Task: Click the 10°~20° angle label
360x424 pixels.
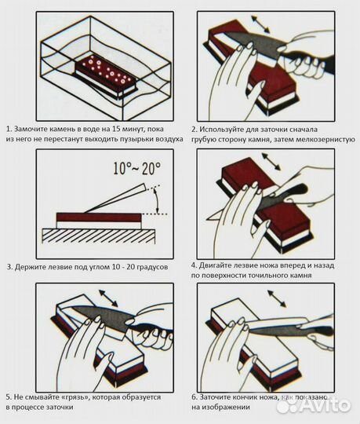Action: coord(136,169)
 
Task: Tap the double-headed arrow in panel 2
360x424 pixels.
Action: coord(260,24)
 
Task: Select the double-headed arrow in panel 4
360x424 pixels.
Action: coord(271,162)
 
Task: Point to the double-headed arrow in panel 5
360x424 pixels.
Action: coord(108,298)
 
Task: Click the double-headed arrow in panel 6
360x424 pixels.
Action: coord(277,298)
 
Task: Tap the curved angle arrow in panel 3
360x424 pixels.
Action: coord(156,200)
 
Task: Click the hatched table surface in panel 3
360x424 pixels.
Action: coord(98,236)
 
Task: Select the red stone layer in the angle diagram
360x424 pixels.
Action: coord(99,217)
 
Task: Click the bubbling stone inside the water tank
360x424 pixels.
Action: coord(106,74)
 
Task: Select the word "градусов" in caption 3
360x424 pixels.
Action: coord(152,267)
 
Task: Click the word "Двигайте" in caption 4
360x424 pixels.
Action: coord(215,265)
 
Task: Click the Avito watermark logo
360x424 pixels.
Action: coord(314,405)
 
